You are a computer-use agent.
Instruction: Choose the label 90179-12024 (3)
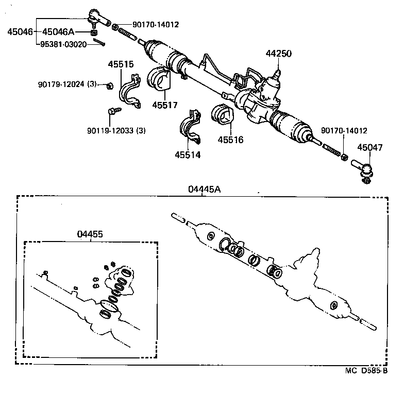coord(68,84)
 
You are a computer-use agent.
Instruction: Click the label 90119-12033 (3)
coord(116,130)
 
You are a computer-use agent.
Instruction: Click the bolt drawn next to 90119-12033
coord(114,110)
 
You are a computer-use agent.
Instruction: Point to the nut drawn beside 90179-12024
coord(109,85)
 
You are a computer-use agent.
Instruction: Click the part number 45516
coord(230,140)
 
